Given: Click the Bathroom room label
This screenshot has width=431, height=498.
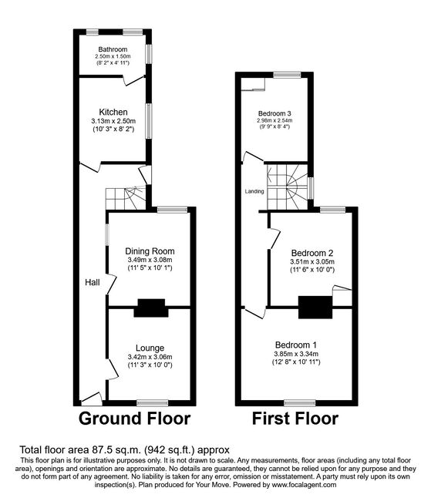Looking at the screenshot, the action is (x=113, y=49).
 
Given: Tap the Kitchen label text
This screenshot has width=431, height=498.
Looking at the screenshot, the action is (x=113, y=112).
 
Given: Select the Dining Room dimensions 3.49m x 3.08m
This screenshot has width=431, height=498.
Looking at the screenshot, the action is (x=150, y=260).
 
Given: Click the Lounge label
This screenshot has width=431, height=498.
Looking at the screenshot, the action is (x=150, y=348).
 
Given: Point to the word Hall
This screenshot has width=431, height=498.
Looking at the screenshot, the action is (x=92, y=282).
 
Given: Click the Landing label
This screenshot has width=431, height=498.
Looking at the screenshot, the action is (x=254, y=191).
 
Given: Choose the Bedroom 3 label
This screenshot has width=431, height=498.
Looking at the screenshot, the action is (x=274, y=113).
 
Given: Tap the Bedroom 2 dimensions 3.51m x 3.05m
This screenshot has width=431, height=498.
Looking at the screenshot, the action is (x=312, y=261).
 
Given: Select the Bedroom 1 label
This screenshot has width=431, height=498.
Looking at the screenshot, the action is (x=296, y=345).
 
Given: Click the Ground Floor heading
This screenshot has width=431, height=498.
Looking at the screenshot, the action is (x=135, y=419).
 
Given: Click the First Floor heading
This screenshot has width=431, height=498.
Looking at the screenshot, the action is (x=295, y=419).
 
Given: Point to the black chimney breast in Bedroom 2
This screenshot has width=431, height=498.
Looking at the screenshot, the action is (x=315, y=308).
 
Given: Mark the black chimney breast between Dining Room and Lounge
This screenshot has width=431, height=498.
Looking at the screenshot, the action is (x=151, y=308).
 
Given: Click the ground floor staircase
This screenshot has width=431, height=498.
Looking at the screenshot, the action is (x=126, y=198).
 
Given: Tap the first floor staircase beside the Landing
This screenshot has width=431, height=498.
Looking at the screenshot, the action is (x=288, y=187).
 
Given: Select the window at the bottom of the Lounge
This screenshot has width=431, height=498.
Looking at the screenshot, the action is (x=153, y=403).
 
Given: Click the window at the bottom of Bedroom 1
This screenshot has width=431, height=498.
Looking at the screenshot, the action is (x=300, y=403).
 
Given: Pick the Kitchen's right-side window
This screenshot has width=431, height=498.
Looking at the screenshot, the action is (x=149, y=121).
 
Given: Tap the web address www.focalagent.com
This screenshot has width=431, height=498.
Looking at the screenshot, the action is (x=303, y=485).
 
